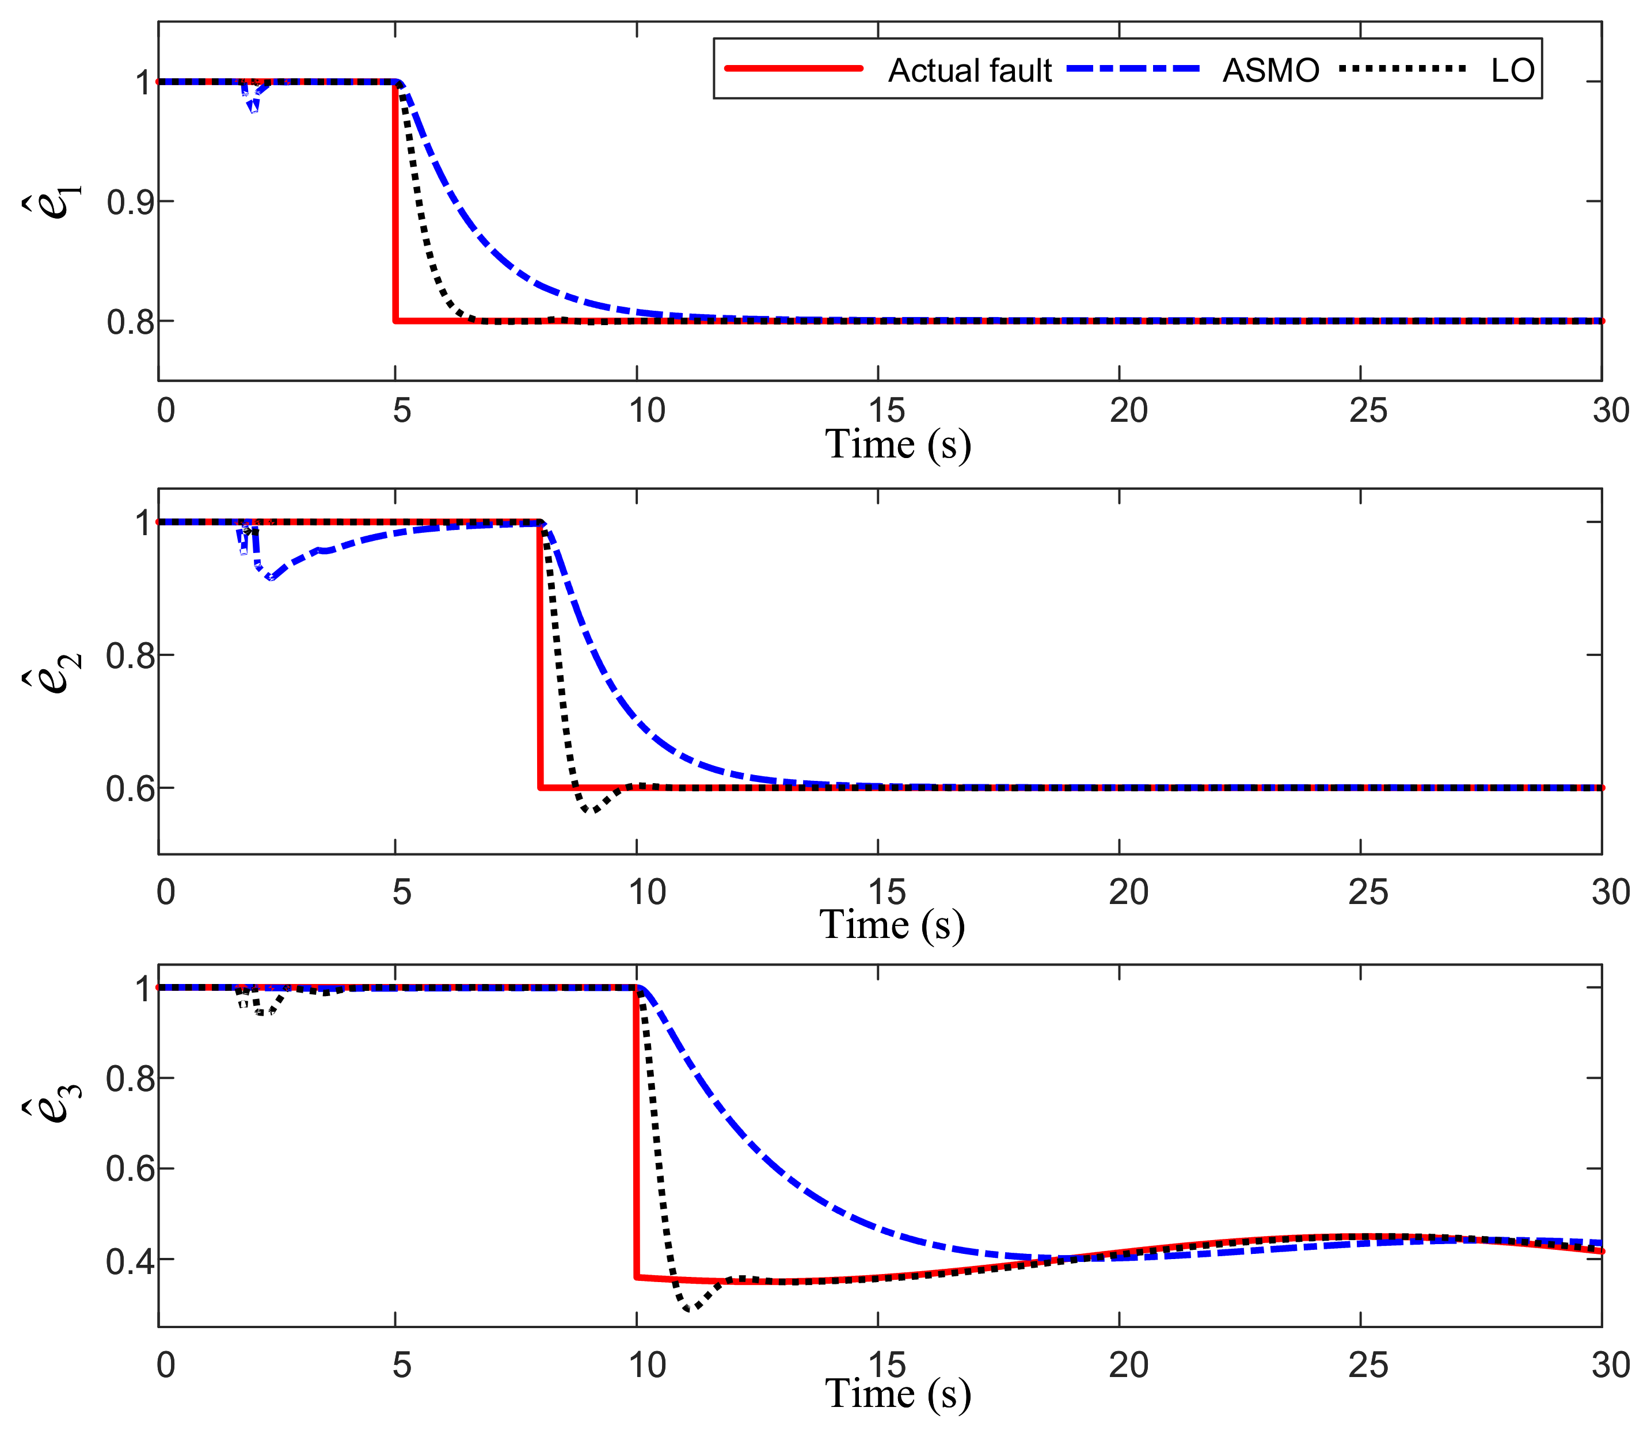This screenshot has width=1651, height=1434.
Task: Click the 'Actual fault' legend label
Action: coord(969,70)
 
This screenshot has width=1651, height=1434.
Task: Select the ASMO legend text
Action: coord(1270,70)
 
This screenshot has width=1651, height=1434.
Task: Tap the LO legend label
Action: coord(1512,70)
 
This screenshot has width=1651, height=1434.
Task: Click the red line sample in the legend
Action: coord(793,69)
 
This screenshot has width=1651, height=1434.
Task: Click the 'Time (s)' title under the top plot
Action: coord(897,444)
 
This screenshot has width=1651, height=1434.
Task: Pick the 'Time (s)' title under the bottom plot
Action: coord(897,1394)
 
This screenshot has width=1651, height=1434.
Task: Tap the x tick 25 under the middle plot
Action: coord(1368,893)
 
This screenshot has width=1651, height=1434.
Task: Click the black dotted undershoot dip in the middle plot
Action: coord(591,811)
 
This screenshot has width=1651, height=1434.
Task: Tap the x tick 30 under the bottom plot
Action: coord(1610,1365)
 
